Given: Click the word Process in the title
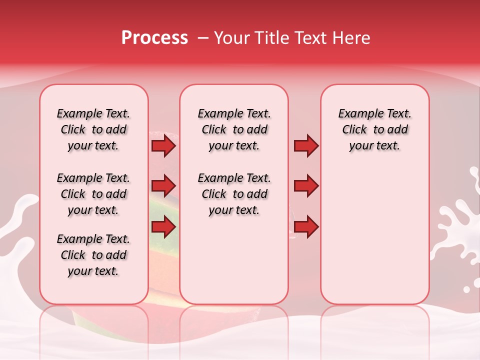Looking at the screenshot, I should (x=154, y=38).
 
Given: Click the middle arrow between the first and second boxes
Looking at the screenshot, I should (x=163, y=186).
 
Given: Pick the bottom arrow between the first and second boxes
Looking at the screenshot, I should (x=163, y=227).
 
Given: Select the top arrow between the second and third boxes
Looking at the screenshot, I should (x=306, y=145).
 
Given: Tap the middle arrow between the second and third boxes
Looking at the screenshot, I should (x=306, y=186).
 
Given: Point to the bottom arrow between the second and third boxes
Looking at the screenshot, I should (x=306, y=227).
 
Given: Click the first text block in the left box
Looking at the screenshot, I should (x=93, y=129).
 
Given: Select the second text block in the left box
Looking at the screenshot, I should (x=93, y=194).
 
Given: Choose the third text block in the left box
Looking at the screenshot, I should (x=93, y=255).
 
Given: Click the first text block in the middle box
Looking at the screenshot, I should (x=234, y=129).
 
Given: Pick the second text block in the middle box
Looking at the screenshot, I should (x=234, y=194).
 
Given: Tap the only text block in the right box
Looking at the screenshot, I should (x=374, y=129).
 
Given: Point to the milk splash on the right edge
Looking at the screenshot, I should (x=457, y=225).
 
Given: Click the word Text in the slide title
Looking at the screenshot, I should (x=308, y=38).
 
